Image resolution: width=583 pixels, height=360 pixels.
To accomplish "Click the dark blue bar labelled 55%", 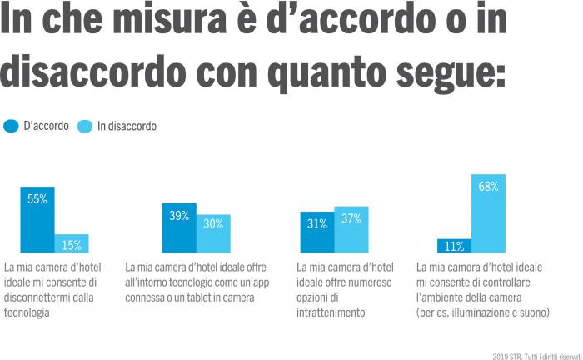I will coord(37,219).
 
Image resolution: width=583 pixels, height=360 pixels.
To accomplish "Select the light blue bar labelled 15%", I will coord(72,243).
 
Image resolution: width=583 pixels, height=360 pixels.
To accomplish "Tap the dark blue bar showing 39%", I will coord(179,227).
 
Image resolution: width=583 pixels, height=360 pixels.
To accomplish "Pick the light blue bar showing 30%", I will coord(213,233).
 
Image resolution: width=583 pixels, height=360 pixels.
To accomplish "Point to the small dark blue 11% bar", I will coord(454,246).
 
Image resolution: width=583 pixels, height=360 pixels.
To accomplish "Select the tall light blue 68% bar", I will coord(488,213).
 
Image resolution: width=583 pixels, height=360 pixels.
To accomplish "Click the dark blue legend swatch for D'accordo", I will coord(11,126).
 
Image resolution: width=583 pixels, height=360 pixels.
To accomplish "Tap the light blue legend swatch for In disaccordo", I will coord(85,126).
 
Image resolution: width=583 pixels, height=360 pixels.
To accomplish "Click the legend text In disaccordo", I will coord(127,127).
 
